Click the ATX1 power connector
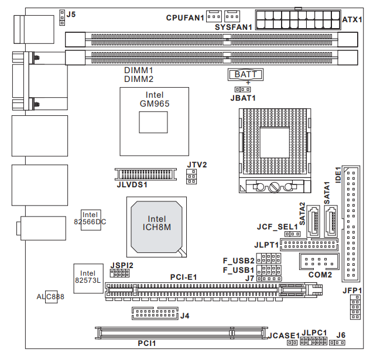[298, 20]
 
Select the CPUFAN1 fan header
[213, 15]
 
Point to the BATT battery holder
[245, 74]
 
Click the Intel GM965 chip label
[155, 99]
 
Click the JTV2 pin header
[191, 177]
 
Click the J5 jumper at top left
[61, 18]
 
